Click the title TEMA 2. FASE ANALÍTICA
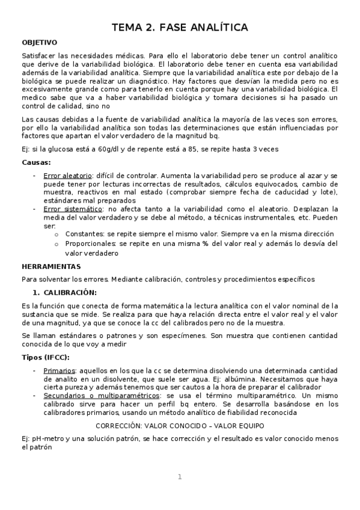click(180, 28)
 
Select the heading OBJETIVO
click(40, 43)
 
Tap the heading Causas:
click(36, 162)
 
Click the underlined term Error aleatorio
click(66, 174)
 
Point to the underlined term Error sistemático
click(69, 208)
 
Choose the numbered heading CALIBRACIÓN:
click(70, 292)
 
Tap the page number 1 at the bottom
click(179, 477)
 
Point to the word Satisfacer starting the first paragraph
click(40, 55)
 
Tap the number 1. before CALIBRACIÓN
click(35, 292)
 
